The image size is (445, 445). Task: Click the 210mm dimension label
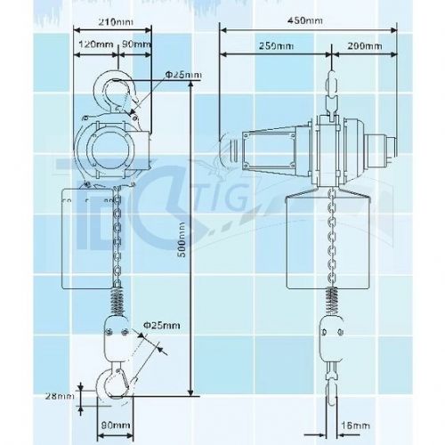[116, 22]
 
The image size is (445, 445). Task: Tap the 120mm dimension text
[96, 44]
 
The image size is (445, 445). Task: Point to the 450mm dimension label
[304, 20]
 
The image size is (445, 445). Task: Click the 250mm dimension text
[276, 46]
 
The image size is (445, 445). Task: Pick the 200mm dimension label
[365, 46]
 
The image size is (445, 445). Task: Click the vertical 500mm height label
[182, 239]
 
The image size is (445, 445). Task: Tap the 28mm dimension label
[60, 396]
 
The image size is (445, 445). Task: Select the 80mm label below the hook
[116, 425]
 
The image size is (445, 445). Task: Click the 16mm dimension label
[355, 425]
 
